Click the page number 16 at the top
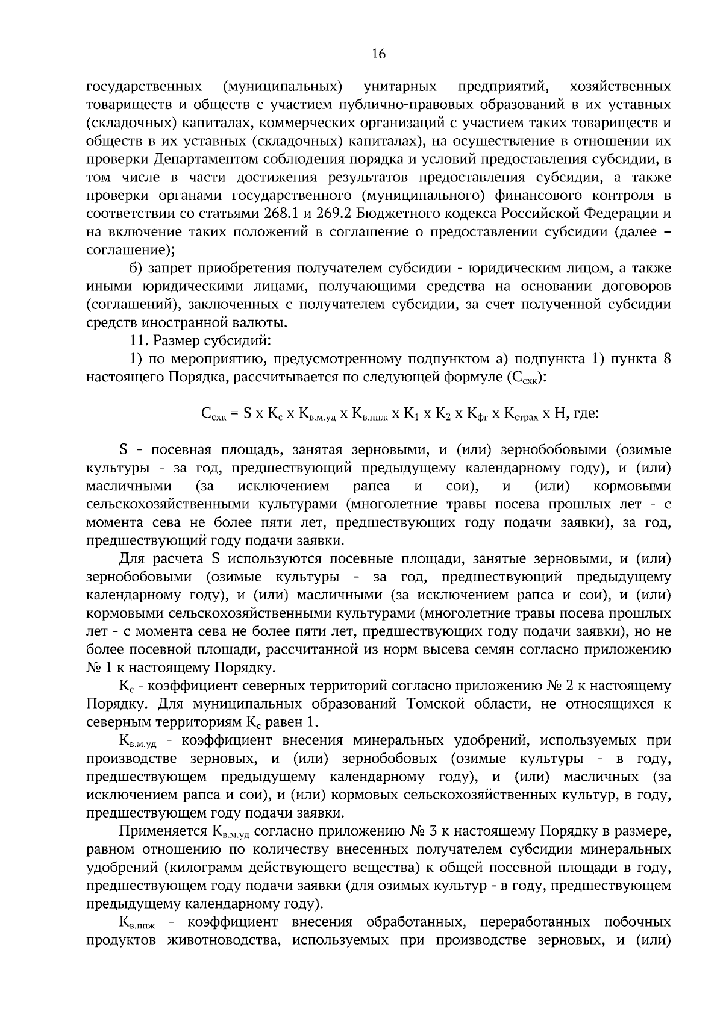pos(378,54)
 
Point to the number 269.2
pos(340,213)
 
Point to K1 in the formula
pos(411,414)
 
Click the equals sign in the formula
pos(233,414)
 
